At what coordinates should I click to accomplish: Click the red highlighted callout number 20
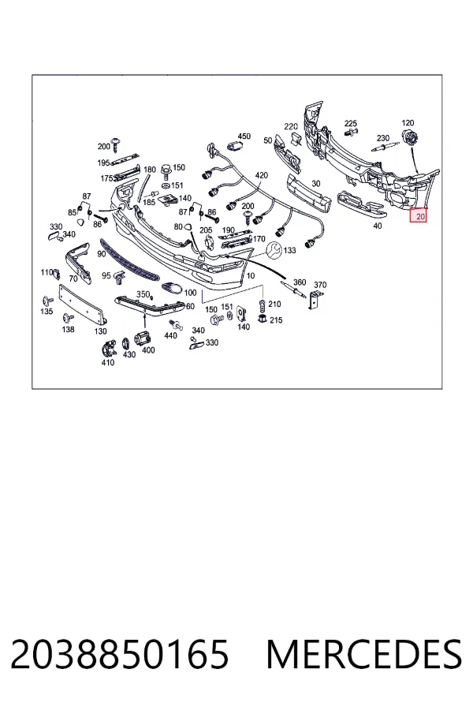420,216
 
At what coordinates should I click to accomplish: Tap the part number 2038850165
119,654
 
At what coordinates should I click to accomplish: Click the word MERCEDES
364,654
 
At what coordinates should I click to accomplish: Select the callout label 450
244,136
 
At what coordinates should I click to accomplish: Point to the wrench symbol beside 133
274,249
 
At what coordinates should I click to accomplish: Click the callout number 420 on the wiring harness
261,175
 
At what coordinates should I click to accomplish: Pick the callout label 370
320,285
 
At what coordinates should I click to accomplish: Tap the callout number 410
108,362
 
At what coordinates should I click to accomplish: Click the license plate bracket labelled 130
83,305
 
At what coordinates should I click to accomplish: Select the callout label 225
350,123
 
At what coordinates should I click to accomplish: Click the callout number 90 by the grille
102,254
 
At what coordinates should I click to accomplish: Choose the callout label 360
300,282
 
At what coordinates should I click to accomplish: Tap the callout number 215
276,320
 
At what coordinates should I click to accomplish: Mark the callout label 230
383,137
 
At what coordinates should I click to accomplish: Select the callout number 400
148,349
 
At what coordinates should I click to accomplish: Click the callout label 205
206,230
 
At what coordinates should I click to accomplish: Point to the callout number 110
47,272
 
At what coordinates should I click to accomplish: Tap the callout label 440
170,335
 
